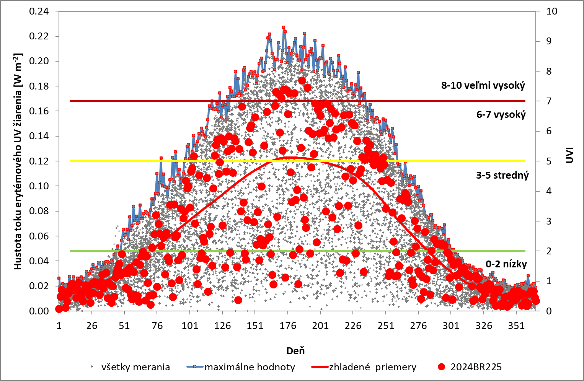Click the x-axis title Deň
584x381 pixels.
point(295,350)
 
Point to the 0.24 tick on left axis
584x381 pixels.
point(39,11)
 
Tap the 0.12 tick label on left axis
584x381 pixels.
point(39,161)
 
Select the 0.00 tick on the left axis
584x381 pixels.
point(39,311)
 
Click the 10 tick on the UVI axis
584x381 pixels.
point(551,11)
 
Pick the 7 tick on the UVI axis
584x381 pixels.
point(549,101)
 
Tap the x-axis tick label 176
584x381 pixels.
point(288,326)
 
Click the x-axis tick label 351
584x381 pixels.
point(516,326)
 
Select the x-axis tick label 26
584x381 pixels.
point(91,326)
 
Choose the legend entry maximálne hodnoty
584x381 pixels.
point(250,367)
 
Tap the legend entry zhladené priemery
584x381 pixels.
point(372,367)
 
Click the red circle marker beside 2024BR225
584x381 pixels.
point(442,367)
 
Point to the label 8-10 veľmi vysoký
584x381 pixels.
point(483,85)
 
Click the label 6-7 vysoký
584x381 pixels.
point(501,114)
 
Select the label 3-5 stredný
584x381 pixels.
point(502,175)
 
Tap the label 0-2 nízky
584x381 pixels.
point(506,264)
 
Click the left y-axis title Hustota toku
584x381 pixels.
point(18,161)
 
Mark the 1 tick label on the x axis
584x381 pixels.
point(59,326)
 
